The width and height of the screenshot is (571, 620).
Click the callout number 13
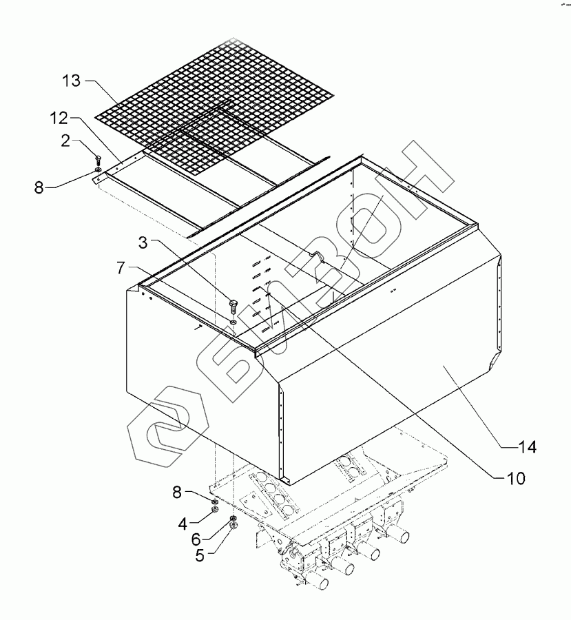72,81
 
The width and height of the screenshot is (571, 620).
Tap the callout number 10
515,477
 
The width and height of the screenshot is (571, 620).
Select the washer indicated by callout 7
235,320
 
